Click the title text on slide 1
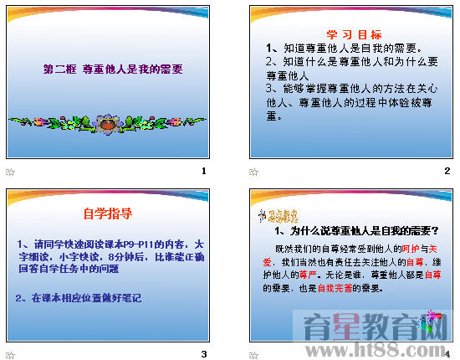pyautogui.click(x=112, y=70)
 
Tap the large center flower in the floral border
pyautogui.click(x=106, y=126)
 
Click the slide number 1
pyautogui.click(x=203, y=171)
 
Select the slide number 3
pyautogui.click(x=203, y=353)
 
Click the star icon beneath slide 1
pyautogui.click(x=10, y=172)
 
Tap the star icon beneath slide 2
pyautogui.click(x=253, y=172)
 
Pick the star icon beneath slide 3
pyautogui.click(x=10, y=353)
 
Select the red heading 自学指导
pyautogui.click(x=108, y=213)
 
